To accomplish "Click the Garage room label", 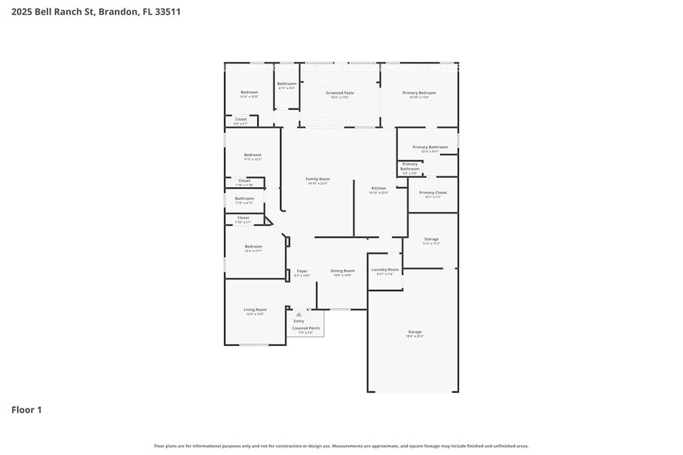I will (x=415, y=332).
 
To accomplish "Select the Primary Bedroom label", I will (x=419, y=93).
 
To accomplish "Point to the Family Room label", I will (x=317, y=179).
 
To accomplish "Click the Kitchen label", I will (x=378, y=188).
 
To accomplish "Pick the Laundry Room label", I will (x=385, y=269).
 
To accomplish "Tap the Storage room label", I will (x=431, y=239).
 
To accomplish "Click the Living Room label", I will (x=255, y=310).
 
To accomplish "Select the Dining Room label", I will (x=342, y=271).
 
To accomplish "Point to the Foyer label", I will (x=302, y=271).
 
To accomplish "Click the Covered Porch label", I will (x=306, y=328).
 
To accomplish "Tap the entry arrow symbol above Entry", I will (x=298, y=315).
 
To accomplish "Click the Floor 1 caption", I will (x=26, y=409).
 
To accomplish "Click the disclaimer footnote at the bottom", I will (x=341, y=446).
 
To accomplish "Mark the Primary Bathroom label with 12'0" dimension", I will (x=430, y=147).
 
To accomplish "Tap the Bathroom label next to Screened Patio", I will (x=287, y=84).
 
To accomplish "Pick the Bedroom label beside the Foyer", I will (x=253, y=246).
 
